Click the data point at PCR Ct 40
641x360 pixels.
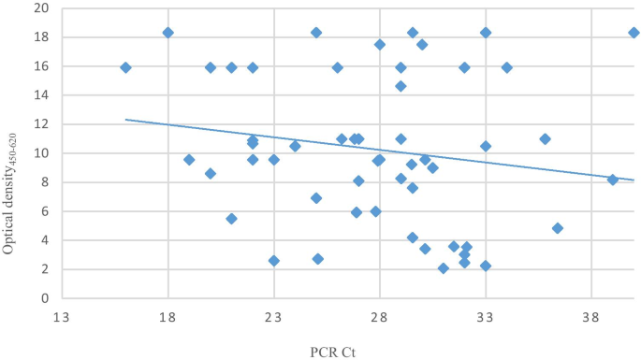[634, 33]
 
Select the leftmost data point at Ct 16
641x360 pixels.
[125, 67]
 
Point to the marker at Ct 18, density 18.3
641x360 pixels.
[168, 33]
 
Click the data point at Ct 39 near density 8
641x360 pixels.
[613, 180]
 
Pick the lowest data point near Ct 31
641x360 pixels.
[444, 268]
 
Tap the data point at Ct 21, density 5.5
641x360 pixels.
[231, 219]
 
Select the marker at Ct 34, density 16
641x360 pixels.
[506, 67]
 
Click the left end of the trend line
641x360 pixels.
[125, 120]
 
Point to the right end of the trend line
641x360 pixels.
[634, 180]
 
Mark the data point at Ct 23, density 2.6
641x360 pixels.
[274, 261]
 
